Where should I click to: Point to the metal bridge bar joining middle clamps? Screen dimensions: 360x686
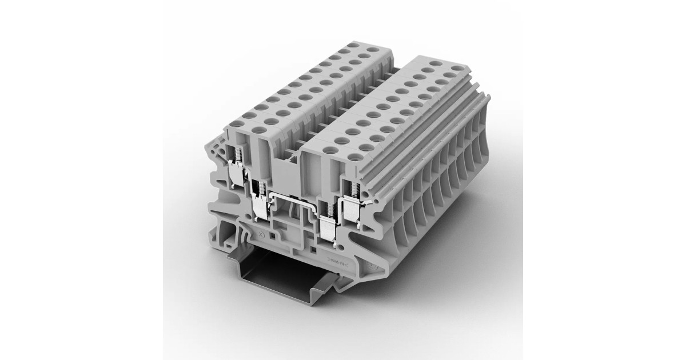(x=292, y=197)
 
